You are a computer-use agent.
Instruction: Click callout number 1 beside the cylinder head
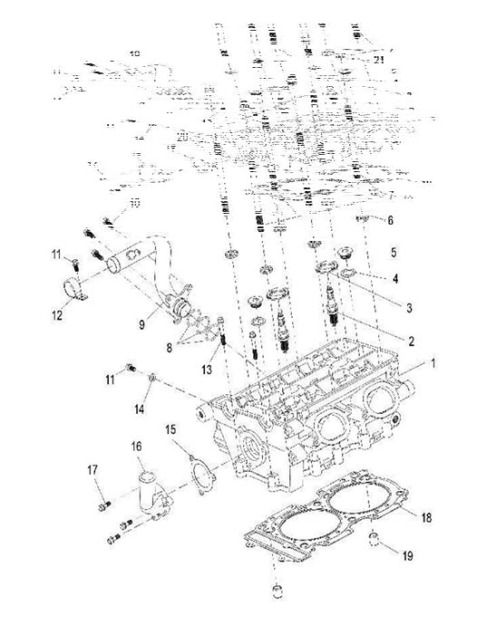[x=433, y=363]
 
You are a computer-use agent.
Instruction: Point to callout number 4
[x=394, y=278]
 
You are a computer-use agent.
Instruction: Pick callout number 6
[x=390, y=220]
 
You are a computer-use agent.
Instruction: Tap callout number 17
[x=92, y=470]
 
